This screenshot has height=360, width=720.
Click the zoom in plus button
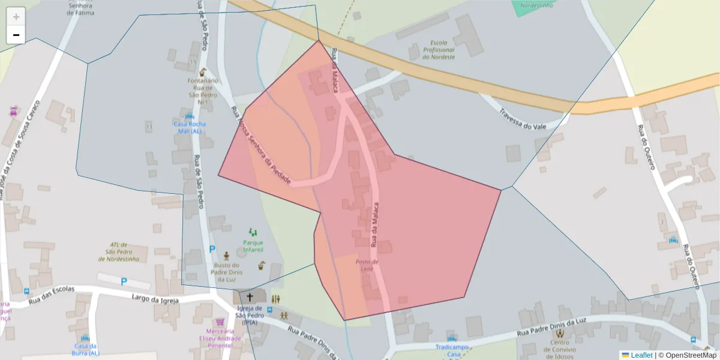[16, 16]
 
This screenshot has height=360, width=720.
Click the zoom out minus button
[16, 35]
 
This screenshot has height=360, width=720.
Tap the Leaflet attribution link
[637, 355]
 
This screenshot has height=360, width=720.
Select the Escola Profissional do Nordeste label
[439, 50]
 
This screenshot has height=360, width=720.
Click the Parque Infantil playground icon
[253, 232]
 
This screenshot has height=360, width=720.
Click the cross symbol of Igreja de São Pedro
[250, 297]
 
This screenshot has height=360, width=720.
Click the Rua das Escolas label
[52, 294]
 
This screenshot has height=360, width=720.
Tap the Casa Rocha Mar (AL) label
[190, 127]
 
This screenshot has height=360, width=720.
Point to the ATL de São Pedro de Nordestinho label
[120, 252]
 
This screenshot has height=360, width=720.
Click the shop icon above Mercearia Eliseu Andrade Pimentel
[220, 322]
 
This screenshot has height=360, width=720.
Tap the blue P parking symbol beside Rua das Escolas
[124, 281]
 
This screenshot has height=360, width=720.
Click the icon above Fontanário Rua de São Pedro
[203, 72]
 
